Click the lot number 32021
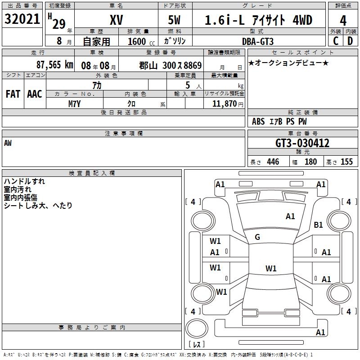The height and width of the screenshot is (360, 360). [22, 19]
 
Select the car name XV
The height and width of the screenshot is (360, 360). [116, 20]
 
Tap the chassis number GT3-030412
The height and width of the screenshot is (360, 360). [302, 143]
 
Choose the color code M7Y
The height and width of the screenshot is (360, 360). [75, 103]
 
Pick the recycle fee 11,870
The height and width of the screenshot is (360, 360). [223, 103]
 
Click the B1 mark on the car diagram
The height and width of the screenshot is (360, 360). [319, 225]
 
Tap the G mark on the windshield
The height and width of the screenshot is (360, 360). [257, 237]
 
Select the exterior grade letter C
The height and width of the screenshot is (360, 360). [335, 41]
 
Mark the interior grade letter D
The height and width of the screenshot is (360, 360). [350, 41]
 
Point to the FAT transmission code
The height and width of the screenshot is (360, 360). [13, 94]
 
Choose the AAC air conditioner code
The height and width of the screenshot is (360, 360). [34, 94]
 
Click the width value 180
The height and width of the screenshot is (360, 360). [310, 162]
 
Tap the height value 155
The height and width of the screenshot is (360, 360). [346, 162]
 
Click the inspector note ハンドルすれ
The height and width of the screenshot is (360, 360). [24, 181]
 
